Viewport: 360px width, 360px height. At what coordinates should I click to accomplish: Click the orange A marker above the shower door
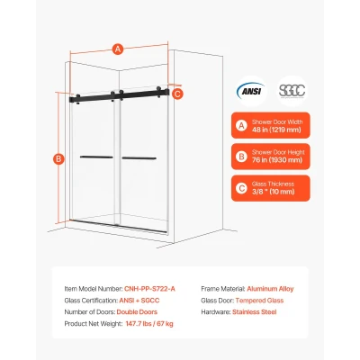tap(118, 49)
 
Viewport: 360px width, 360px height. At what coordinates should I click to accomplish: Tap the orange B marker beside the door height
tap(58, 158)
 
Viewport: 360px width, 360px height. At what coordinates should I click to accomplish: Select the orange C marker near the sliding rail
tap(177, 94)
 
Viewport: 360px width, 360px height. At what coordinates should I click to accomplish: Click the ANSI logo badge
tap(251, 91)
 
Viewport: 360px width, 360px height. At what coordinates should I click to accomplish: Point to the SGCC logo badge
tap(292, 91)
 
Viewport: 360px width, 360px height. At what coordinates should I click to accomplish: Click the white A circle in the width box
tap(241, 126)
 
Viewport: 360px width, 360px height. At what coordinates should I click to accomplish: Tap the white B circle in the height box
tap(241, 157)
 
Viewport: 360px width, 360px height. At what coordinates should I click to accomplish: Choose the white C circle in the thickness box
tap(241, 188)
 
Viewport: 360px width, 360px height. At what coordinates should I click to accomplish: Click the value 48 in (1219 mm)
tap(276, 130)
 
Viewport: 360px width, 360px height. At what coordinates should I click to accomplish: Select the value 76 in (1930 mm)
tap(277, 160)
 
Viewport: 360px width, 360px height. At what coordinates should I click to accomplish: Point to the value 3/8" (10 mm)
tap(274, 192)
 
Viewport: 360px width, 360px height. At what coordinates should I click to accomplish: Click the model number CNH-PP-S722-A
tap(149, 289)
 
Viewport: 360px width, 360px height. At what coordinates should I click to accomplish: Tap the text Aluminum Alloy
tap(270, 289)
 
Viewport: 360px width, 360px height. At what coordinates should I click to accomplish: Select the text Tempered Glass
tap(259, 301)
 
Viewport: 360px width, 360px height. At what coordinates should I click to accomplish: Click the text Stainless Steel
tap(255, 312)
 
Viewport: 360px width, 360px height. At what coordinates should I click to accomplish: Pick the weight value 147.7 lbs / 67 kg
tap(149, 324)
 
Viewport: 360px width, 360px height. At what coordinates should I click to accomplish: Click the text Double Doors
tap(137, 312)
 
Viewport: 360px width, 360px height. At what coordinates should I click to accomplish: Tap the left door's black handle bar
tap(96, 157)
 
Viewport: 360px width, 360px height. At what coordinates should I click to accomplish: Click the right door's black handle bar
tap(139, 158)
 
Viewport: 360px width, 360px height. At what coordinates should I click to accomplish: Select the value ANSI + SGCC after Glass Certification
tap(139, 301)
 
